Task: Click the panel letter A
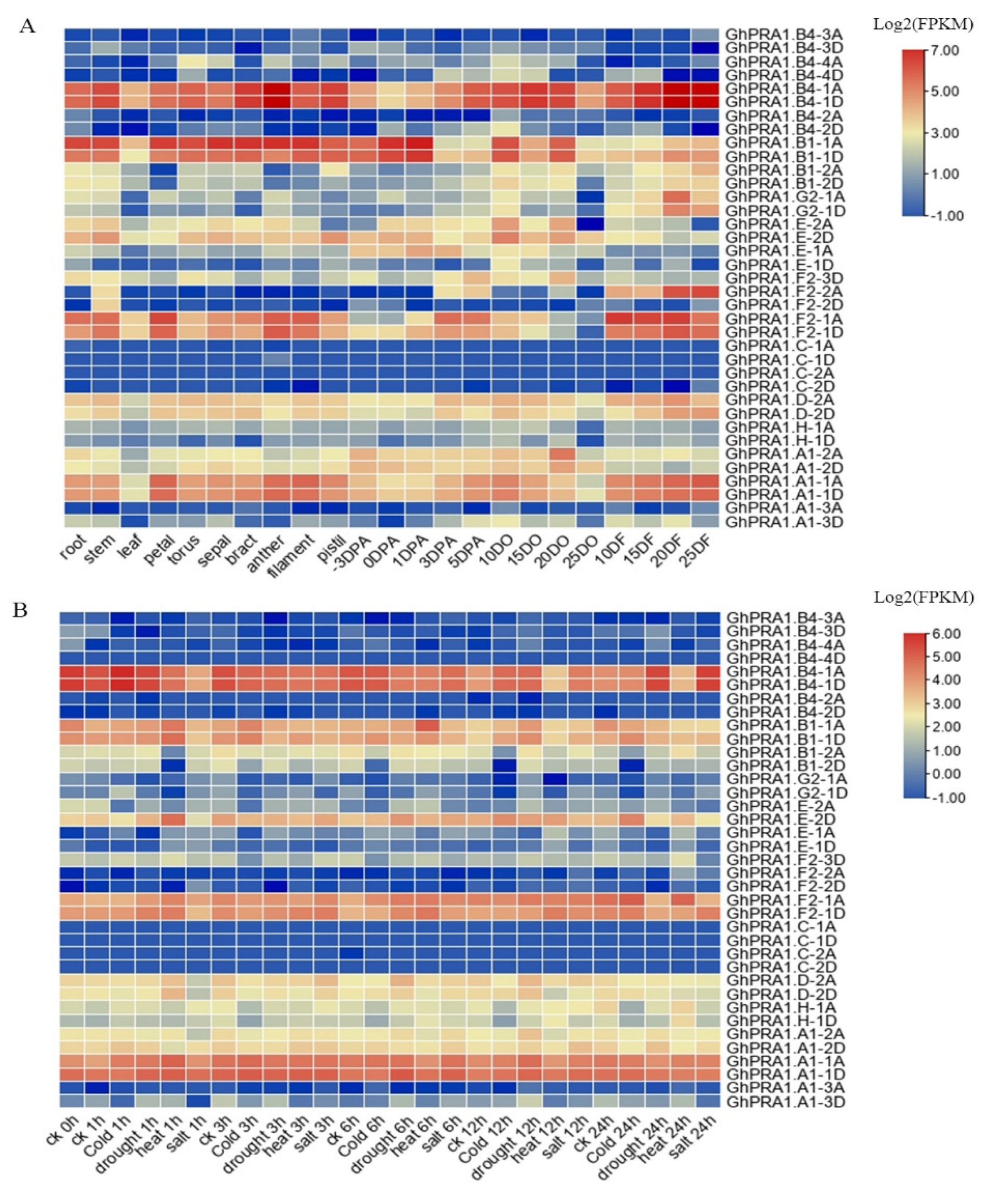click(x=26, y=26)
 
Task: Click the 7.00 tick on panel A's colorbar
click(x=944, y=51)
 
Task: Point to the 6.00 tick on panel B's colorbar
click(x=944, y=634)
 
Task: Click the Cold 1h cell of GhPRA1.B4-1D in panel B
click(x=123, y=684)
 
